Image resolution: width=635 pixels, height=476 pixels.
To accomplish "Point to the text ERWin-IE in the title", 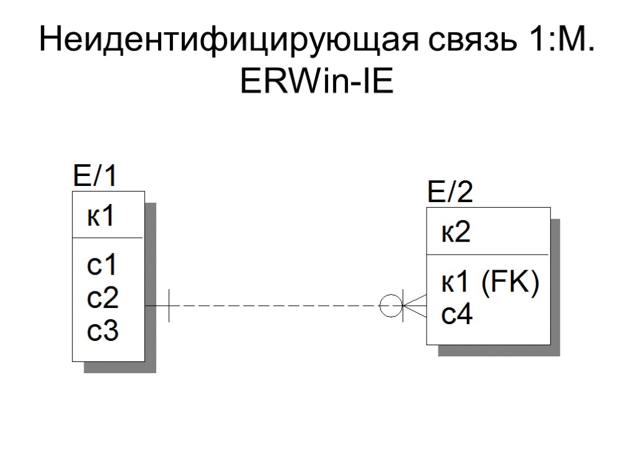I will [317, 83].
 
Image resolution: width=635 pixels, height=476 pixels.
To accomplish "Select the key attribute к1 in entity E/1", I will [100, 217].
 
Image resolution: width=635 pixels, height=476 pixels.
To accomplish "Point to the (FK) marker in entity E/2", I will [510, 284].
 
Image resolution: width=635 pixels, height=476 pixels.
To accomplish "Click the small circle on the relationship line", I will [390, 306].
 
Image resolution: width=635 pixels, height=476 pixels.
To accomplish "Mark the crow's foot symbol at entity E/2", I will [414, 306].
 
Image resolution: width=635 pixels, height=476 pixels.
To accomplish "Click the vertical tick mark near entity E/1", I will [169, 306].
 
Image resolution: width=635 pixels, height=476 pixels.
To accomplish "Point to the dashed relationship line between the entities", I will [273, 306].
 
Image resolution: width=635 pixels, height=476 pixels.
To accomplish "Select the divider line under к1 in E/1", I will [108, 237].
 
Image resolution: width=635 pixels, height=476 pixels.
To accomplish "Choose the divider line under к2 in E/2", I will [487, 254].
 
